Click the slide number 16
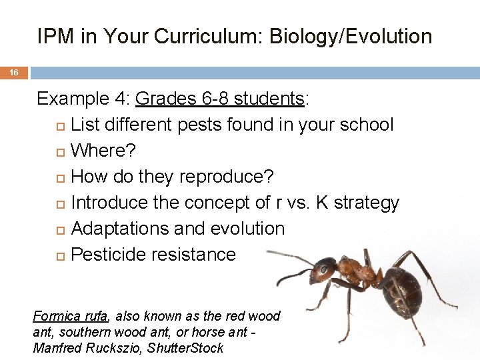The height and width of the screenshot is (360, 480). coord(14,73)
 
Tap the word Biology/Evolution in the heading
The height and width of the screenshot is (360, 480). coord(351,37)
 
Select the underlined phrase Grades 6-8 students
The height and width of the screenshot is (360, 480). coord(220,99)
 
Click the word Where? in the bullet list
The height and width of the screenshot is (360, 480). coord(103,151)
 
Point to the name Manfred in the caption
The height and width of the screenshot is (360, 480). coord(55,348)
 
